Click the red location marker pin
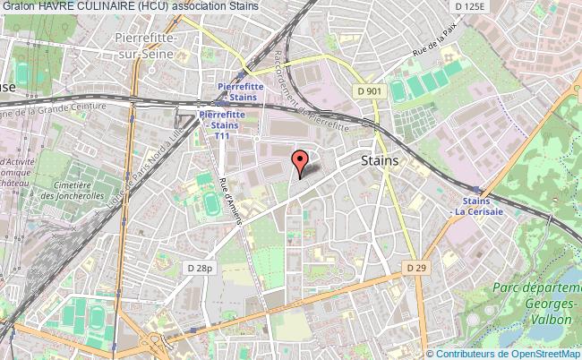pos(301,162)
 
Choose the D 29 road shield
pos(414,267)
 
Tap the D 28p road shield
pos(199,267)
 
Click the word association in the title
pos(199,6)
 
